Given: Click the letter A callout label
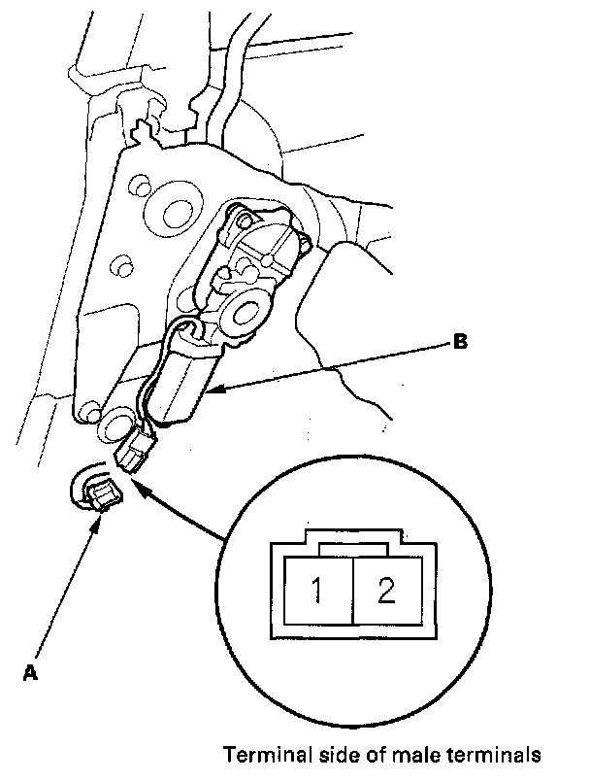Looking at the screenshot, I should click(x=30, y=671).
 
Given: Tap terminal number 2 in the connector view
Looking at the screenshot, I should click(x=386, y=590).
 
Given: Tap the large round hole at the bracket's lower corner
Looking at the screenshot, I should click(x=115, y=424).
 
